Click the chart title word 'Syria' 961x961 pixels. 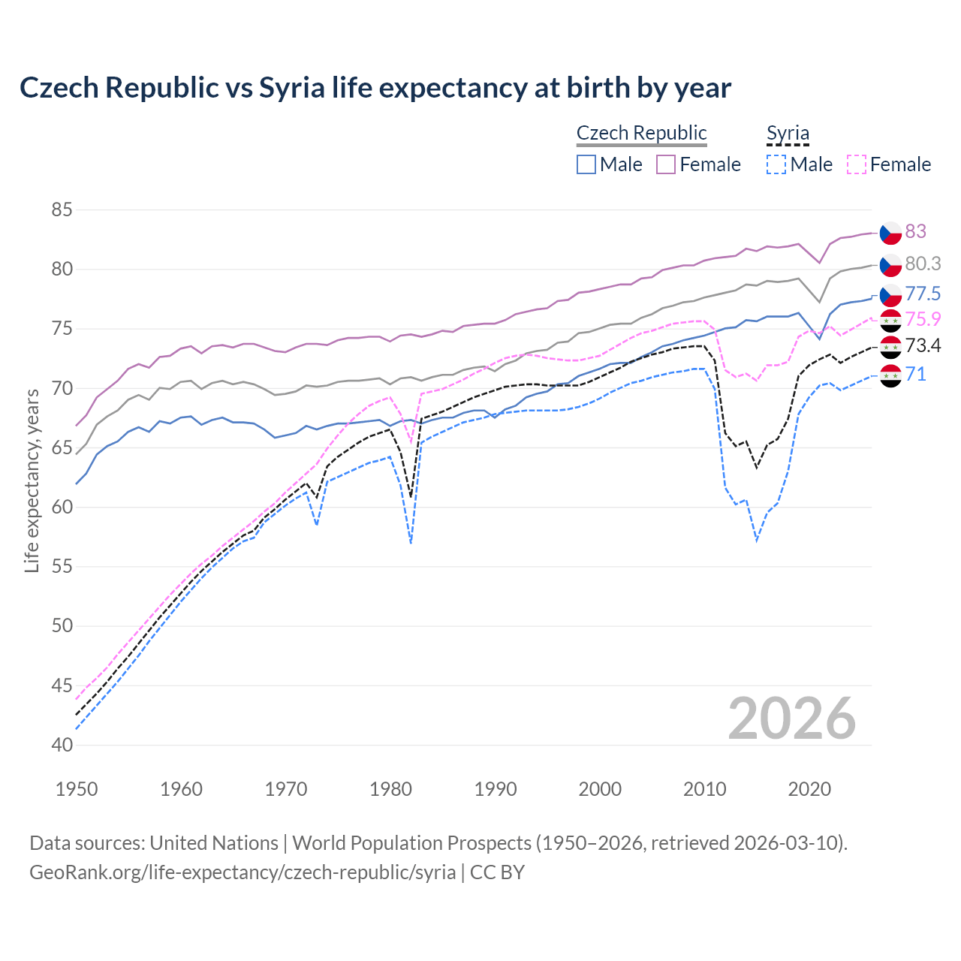[x=291, y=88]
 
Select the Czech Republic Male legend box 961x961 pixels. [x=586, y=164]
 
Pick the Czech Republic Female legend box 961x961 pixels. [x=666, y=164]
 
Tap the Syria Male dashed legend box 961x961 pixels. [x=776, y=164]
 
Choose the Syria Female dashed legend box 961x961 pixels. [x=856, y=164]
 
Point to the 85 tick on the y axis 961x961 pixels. [x=62, y=209]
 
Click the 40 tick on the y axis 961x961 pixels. [x=62, y=745]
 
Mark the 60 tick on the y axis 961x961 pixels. [x=62, y=507]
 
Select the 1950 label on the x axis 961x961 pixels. [x=77, y=789]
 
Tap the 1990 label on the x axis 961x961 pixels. [x=496, y=789]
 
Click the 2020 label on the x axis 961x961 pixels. [x=809, y=789]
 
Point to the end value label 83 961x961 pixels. [x=915, y=231]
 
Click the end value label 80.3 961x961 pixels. [x=923, y=264]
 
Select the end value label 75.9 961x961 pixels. [x=923, y=319]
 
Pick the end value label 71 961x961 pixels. [x=915, y=374]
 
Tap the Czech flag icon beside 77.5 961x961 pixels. [x=890, y=294]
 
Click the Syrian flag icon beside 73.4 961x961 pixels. [x=890, y=346]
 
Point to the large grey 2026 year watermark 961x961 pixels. [x=791, y=718]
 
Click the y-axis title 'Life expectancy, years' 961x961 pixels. [x=32, y=480]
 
